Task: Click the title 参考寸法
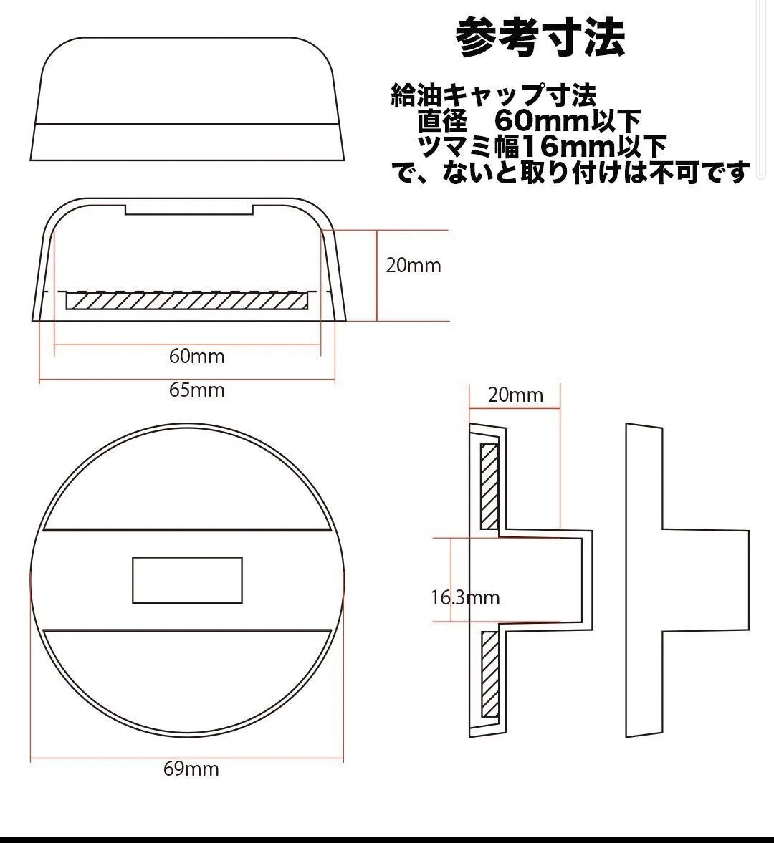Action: (x=540, y=38)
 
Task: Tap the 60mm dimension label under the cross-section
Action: (x=196, y=356)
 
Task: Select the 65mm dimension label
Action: (x=196, y=390)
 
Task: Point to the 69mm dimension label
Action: (x=191, y=769)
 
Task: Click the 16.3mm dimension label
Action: (x=465, y=597)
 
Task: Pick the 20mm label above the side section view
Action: (x=515, y=395)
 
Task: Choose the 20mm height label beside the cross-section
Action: (x=413, y=266)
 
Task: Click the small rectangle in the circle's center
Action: (x=187, y=580)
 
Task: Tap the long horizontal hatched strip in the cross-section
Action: (x=187, y=301)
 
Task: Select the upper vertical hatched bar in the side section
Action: (x=489, y=486)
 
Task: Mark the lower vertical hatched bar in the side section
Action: (x=490, y=674)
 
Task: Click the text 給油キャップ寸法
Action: (x=494, y=95)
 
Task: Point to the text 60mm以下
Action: (x=567, y=120)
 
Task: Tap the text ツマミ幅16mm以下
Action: (x=543, y=145)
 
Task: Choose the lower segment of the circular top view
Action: (x=187, y=683)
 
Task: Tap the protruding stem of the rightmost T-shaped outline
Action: (x=706, y=580)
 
